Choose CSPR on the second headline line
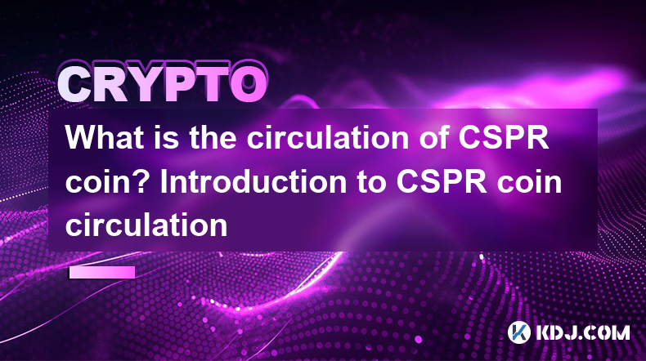click(x=442, y=182)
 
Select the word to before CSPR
click(x=371, y=182)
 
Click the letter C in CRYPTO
click(x=75, y=85)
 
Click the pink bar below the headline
click(x=102, y=273)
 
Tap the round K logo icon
click(x=518, y=332)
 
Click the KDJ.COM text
click(x=582, y=332)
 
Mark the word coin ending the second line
click(x=529, y=182)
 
